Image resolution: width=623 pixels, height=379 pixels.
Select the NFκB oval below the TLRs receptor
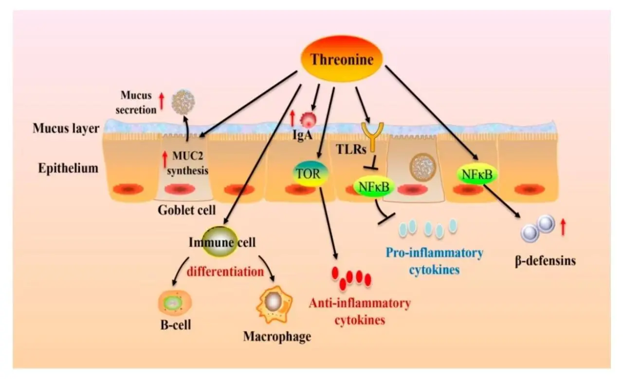(374, 186)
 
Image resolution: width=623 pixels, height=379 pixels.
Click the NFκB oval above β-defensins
(476, 173)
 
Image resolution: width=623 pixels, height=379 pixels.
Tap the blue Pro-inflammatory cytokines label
(434, 261)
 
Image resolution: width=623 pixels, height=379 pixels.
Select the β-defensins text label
(545, 261)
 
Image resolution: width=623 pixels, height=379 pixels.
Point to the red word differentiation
(225, 271)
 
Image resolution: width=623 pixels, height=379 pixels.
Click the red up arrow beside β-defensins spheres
(563, 227)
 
